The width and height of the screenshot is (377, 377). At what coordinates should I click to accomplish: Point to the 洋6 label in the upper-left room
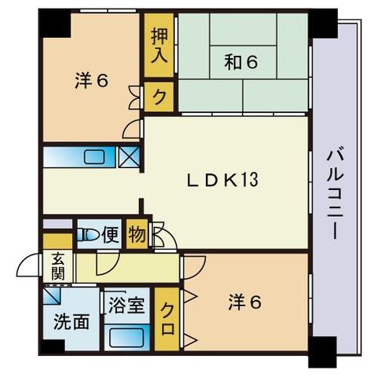(x=91, y=79)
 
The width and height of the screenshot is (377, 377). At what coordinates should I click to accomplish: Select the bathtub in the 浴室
(x=126, y=336)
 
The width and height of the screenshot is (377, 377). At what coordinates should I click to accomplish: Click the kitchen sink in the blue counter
(x=93, y=156)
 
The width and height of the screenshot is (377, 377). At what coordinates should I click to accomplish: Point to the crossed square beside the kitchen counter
(x=130, y=155)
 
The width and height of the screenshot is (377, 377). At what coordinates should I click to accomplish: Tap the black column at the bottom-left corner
(x=53, y=346)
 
